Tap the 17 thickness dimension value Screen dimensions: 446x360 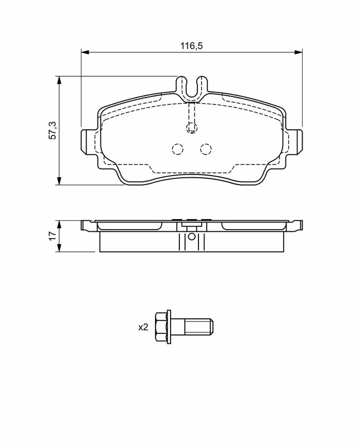tap(52, 236)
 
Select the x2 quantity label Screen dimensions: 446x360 tap(143, 328)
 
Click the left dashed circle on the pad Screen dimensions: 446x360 tap(177, 149)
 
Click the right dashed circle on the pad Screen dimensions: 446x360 tap(206, 149)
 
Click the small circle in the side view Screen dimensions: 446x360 tap(191, 236)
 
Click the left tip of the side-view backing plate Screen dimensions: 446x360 tap(82, 226)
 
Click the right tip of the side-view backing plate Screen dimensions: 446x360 tap(300, 226)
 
